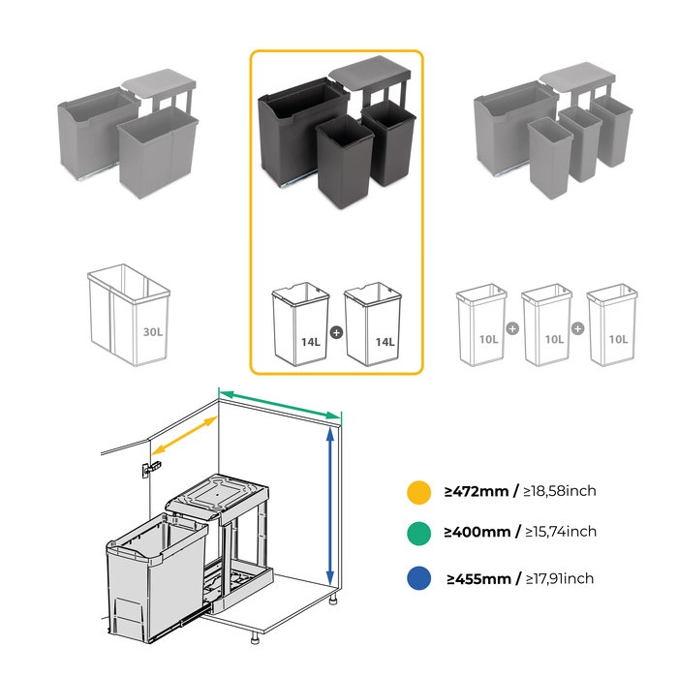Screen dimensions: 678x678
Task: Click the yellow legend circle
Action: pyautogui.click(x=418, y=491)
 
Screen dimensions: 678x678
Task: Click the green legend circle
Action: pyautogui.click(x=418, y=532)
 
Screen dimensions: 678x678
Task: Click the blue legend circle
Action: pyautogui.click(x=418, y=578)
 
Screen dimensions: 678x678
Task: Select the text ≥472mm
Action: pyautogui.click(x=478, y=491)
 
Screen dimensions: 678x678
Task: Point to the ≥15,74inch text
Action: pyautogui.click(x=560, y=532)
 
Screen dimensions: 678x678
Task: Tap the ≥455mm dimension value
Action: pyautogui.click(x=478, y=579)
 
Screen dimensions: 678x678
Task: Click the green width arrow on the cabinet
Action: pyautogui.click(x=280, y=404)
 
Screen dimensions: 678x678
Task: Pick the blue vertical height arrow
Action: pyautogui.click(x=331, y=505)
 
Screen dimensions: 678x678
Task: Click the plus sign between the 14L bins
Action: pyautogui.click(x=336, y=332)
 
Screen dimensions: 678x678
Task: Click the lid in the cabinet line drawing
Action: pyautogui.click(x=217, y=494)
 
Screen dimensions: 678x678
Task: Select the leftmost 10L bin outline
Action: pyautogui.click(x=481, y=324)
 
